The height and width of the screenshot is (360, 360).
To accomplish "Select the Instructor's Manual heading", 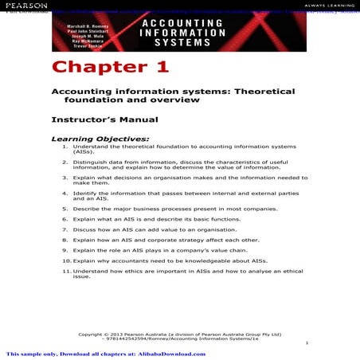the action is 104,119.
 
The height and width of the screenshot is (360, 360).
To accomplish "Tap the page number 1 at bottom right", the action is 306,342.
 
